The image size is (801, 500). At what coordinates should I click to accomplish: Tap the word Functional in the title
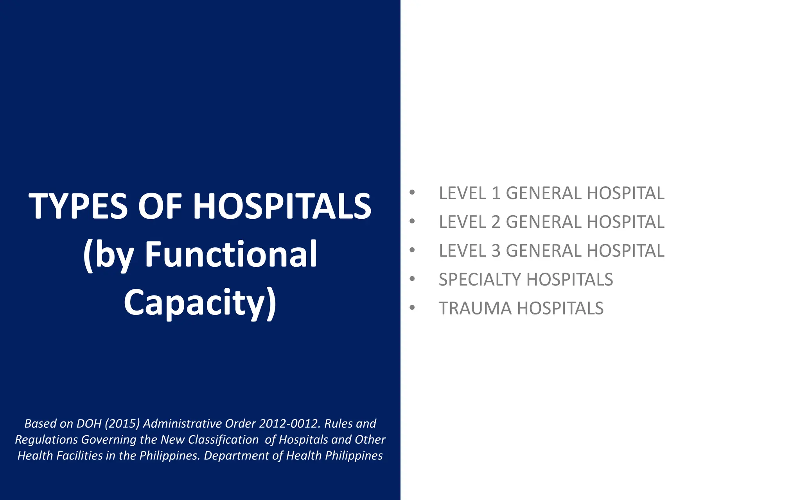(231, 254)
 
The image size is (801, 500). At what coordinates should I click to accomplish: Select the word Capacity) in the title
(200, 302)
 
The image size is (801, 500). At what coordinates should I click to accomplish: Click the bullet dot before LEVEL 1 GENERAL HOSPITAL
(412, 193)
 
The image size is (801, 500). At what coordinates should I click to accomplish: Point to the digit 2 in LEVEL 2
(496, 222)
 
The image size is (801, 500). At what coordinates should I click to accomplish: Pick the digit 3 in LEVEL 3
(496, 251)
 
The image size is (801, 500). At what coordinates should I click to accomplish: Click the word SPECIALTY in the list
(480, 280)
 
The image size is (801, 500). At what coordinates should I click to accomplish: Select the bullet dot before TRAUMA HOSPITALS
(412, 308)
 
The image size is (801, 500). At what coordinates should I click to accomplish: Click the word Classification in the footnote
(223, 440)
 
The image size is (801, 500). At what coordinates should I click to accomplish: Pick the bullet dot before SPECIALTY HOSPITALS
(412, 279)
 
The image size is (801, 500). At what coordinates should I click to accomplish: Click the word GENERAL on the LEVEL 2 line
(544, 222)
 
